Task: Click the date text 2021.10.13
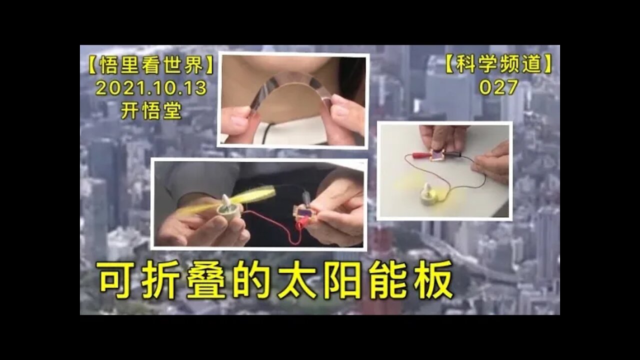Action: click(x=151, y=87)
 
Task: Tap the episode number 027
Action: click(x=498, y=87)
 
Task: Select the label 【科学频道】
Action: click(x=498, y=64)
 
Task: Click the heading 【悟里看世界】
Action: click(x=151, y=65)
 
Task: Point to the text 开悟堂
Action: click(x=151, y=110)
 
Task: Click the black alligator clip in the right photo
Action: click(x=451, y=154)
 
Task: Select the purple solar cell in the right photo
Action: click(x=436, y=155)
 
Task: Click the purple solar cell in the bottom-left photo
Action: click(x=303, y=213)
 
